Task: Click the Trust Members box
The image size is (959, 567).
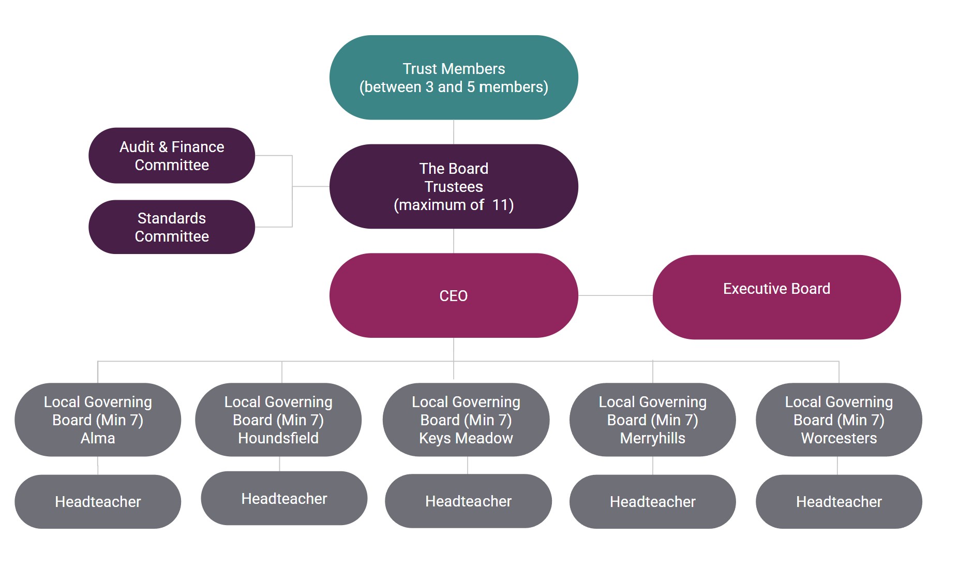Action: point(454,78)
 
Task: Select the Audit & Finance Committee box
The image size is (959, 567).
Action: point(172,156)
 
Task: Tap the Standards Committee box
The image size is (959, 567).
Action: point(172,227)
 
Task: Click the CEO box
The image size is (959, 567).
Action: point(454,295)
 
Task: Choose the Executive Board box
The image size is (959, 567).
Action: point(776,296)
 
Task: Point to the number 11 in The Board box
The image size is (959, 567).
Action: point(501,205)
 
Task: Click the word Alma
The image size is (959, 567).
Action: point(98,438)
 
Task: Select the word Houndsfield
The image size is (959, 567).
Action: point(278,438)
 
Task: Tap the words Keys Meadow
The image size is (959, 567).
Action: point(466,438)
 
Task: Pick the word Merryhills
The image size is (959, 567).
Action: point(653,438)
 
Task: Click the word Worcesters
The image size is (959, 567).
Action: point(839,438)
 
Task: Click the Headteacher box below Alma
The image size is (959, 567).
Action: point(98,502)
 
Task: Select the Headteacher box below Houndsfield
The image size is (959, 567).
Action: point(284,499)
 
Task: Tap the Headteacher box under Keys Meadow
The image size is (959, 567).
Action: point(468,501)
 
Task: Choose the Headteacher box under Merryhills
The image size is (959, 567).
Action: point(653,502)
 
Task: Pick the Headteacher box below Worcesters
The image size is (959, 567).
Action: point(839,502)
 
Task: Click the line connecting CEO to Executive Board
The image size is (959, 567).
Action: point(616,295)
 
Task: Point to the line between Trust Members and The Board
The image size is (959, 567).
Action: point(454,132)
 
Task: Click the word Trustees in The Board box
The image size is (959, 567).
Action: point(454,187)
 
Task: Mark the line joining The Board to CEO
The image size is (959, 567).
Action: point(454,241)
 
